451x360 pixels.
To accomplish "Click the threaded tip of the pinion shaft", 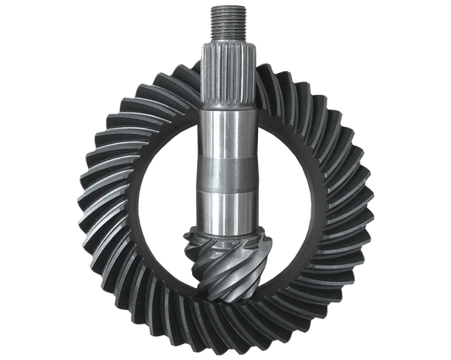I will pos(226,20).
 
